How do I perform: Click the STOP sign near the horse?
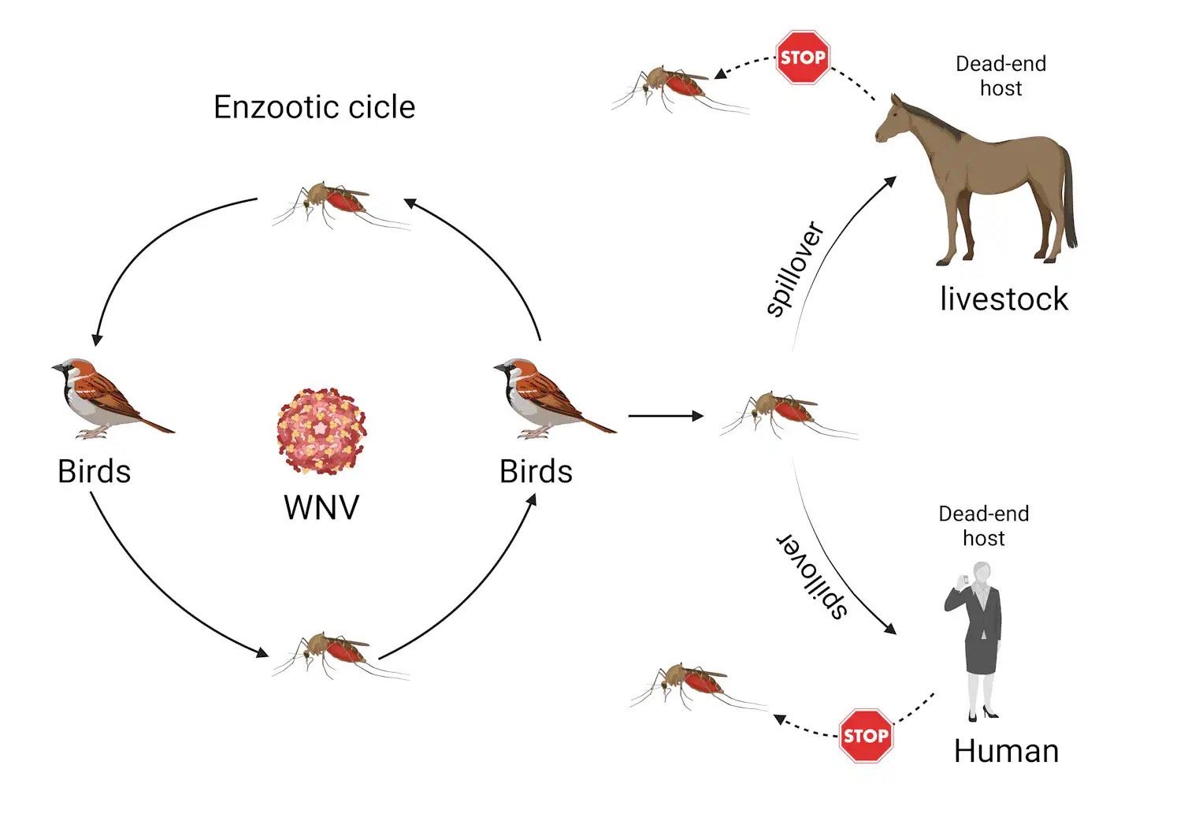803,58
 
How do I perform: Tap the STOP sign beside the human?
866,736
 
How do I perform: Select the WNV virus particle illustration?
321,431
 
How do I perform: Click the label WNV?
321,507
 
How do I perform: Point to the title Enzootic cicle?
314,107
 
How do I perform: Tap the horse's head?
892,119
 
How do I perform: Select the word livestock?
1004,299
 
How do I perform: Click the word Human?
1006,752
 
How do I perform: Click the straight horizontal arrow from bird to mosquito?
666,416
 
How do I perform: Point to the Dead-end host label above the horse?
1001,76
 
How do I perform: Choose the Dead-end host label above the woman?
984,526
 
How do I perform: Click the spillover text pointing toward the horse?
795,269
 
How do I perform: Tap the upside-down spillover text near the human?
812,574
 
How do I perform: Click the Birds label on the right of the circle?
536,471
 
